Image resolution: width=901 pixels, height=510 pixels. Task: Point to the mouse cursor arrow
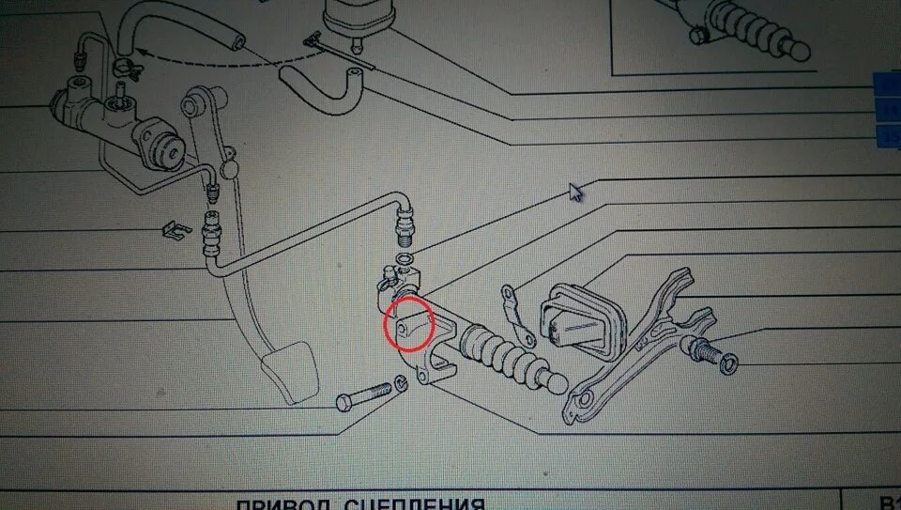pyautogui.click(x=576, y=192)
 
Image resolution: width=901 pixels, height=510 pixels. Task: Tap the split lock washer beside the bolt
pyautogui.click(x=402, y=382)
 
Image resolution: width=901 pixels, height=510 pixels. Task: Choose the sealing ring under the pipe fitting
pyautogui.click(x=403, y=257)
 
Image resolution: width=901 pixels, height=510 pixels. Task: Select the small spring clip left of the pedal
pyautogui.click(x=170, y=228)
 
